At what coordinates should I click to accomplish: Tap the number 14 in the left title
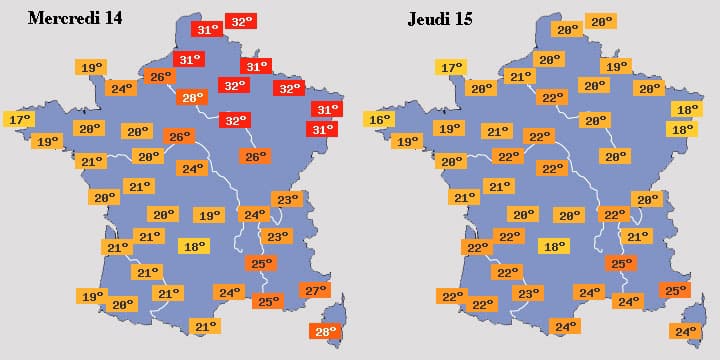click(112, 19)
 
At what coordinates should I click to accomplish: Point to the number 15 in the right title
click(464, 19)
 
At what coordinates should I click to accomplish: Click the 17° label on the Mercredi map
click(20, 120)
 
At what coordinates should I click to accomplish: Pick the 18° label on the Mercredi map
click(192, 246)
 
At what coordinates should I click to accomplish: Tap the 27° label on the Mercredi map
click(314, 291)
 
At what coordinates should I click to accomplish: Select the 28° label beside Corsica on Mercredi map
click(325, 332)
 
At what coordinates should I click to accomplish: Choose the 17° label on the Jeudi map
click(451, 68)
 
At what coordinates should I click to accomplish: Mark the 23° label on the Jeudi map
click(527, 294)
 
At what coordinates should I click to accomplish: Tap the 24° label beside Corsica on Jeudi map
click(685, 332)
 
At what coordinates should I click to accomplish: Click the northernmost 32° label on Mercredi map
click(241, 21)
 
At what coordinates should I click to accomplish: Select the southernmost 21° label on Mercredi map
click(205, 326)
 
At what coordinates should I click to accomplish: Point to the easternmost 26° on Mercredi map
click(255, 156)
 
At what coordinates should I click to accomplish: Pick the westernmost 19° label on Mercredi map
click(46, 142)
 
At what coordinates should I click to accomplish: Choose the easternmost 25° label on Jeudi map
click(676, 291)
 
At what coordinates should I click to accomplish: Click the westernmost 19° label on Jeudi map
click(407, 142)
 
